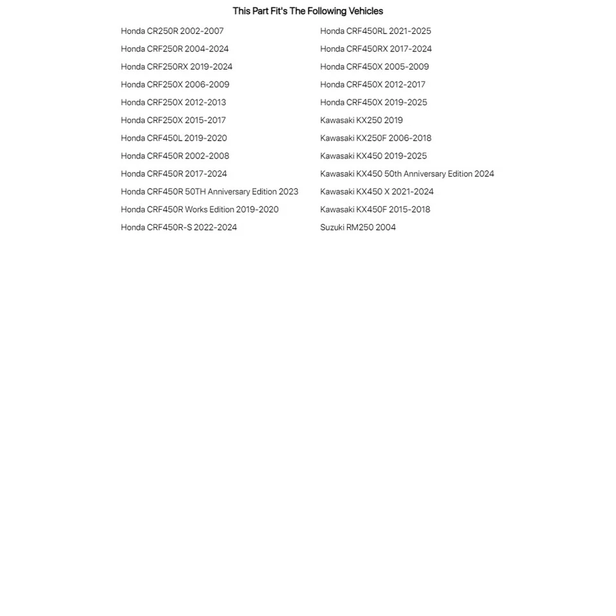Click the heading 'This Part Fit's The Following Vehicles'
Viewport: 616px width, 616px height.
(x=307, y=11)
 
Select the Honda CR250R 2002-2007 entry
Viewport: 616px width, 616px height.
(x=172, y=31)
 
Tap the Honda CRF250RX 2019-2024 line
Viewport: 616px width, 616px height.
(x=176, y=67)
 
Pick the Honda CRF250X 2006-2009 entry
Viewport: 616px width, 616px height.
(x=175, y=85)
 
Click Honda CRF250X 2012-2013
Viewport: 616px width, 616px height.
(x=173, y=103)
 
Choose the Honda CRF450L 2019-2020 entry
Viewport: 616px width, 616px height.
(x=174, y=138)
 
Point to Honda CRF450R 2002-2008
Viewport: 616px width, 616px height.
(x=175, y=156)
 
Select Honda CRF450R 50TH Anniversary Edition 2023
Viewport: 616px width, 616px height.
(x=209, y=192)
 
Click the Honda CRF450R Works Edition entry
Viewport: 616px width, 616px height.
(x=200, y=210)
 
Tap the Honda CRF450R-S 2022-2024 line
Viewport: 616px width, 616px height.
(x=178, y=227)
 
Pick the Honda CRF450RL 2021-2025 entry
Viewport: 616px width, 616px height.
(x=375, y=31)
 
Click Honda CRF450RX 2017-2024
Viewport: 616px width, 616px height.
(x=376, y=49)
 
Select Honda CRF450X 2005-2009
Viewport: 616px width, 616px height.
(x=374, y=67)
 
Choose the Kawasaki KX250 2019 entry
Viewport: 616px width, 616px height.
(x=361, y=121)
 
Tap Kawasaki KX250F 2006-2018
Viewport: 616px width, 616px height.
(x=375, y=138)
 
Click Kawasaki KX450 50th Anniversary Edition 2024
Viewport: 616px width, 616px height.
(x=407, y=174)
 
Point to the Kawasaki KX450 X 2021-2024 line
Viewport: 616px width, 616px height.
(x=377, y=192)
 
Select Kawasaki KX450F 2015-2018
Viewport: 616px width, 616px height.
(x=375, y=210)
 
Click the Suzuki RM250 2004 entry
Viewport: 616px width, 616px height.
(x=358, y=227)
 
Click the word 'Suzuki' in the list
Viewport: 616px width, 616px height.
(x=332, y=227)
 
